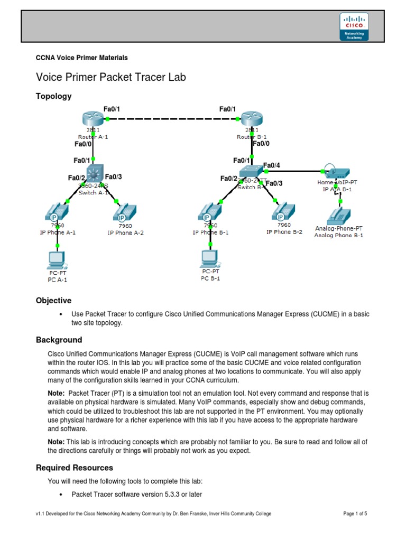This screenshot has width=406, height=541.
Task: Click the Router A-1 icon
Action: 94,120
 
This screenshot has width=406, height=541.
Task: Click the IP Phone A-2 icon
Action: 122,213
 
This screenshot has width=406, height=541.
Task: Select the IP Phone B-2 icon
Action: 281,212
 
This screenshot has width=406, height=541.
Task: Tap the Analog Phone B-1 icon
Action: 339,214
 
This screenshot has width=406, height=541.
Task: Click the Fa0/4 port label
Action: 271,165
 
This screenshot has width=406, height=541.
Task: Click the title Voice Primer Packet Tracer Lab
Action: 110,77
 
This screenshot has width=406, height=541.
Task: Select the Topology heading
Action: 53,96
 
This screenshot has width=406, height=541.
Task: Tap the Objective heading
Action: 53,301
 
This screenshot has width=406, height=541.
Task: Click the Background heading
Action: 59,340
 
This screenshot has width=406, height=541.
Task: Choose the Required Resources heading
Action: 74,468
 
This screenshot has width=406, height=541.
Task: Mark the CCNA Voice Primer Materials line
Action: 81,58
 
